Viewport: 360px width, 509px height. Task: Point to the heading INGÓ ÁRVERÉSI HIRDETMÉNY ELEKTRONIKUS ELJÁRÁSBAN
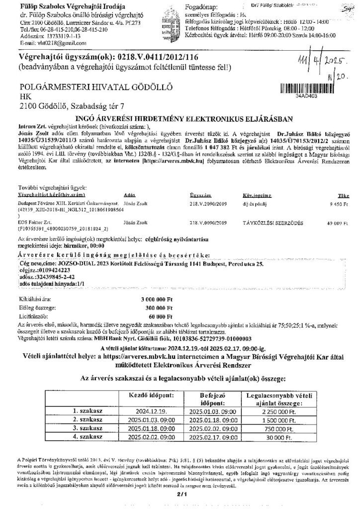coord(180,119)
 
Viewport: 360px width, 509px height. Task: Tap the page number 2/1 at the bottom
coord(180,494)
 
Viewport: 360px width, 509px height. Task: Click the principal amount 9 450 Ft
coord(337,217)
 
